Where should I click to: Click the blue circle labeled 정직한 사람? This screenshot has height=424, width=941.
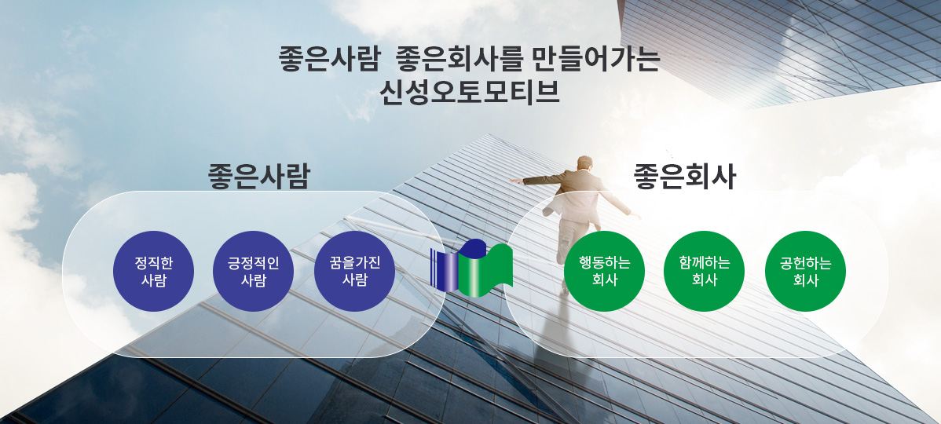[154, 271]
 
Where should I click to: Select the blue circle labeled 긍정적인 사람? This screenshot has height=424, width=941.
[253, 271]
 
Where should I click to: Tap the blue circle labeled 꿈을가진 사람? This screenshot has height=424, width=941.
[355, 271]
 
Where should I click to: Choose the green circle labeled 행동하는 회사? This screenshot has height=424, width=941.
[604, 271]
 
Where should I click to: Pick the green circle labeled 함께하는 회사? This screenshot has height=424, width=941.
[705, 271]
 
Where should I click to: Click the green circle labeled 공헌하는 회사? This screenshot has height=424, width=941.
[805, 271]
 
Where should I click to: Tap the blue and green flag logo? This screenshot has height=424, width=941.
[472, 268]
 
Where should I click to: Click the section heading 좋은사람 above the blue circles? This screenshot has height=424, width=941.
[258, 177]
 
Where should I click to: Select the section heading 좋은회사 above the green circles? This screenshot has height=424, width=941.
[685, 177]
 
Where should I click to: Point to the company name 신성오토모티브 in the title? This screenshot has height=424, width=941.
[470, 92]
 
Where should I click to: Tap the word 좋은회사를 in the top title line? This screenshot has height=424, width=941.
[460, 60]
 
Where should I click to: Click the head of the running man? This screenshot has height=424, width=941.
[584, 163]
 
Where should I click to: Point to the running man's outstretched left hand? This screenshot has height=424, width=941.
[515, 181]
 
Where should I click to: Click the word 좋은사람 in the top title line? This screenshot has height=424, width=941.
[329, 60]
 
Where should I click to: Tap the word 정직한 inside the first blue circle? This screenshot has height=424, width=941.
[154, 263]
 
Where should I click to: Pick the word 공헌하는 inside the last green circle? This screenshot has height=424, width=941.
[805, 263]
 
